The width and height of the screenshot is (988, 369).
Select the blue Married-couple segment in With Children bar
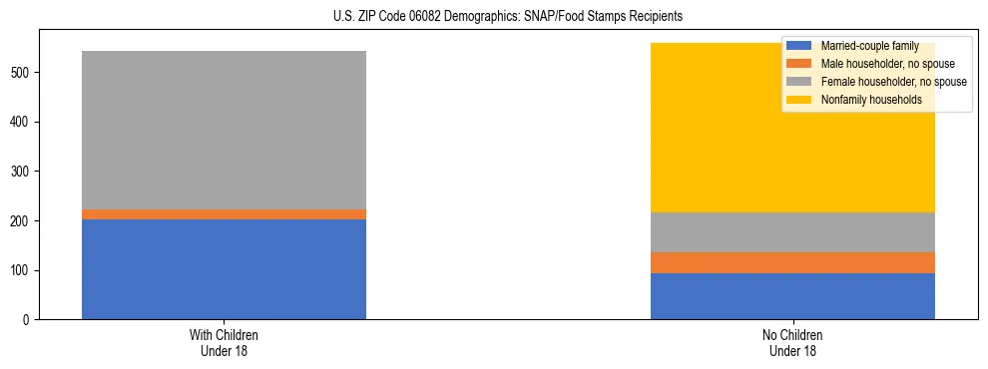[224, 269]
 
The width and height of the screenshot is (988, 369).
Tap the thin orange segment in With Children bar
[224, 214]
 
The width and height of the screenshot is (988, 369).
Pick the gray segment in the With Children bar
[224, 130]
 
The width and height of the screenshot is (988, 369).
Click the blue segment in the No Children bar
[792, 296]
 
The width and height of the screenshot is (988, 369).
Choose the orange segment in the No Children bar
[792, 262]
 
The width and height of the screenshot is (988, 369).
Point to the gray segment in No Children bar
[792, 232]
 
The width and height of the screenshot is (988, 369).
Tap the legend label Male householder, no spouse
[884, 64]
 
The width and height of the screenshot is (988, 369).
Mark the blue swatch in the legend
[800, 46]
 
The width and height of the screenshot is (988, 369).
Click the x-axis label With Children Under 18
[224, 343]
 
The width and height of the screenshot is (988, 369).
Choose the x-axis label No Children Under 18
[792, 343]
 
